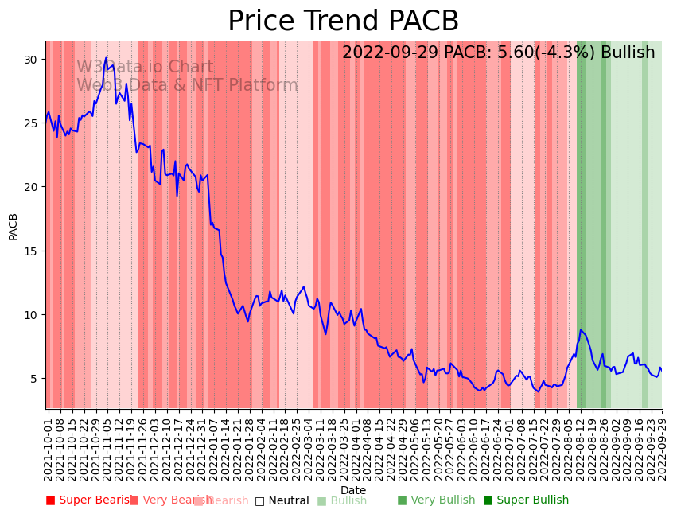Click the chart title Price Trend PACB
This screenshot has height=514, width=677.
pyautogui.click(x=343, y=21)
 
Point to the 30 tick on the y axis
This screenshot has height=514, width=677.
pyautogui.click(x=33, y=60)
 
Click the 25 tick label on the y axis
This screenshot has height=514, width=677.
pyautogui.click(x=33, y=123)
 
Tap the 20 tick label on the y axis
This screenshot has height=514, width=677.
pyautogui.click(x=33, y=187)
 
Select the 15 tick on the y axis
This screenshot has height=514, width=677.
pyautogui.click(x=33, y=251)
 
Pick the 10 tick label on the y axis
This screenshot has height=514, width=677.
pyautogui.click(x=33, y=314)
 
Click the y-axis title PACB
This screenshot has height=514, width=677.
pyautogui.click(x=13, y=225)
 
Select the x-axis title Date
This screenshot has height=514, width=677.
pyautogui.click(x=353, y=490)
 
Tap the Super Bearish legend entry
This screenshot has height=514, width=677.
pyautogui.click(x=89, y=500)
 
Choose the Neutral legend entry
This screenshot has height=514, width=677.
pyautogui.click(x=282, y=500)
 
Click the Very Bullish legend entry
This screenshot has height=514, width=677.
pyautogui.click(x=436, y=500)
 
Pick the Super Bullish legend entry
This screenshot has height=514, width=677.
pyautogui.click(x=526, y=500)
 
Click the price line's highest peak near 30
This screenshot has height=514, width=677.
pyautogui.click(x=106, y=58)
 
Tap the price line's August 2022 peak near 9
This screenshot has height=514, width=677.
pyautogui.click(x=581, y=330)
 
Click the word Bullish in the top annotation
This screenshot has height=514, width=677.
pyautogui.click(x=628, y=53)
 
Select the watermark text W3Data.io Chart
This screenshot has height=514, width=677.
pyautogui.click(x=145, y=68)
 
